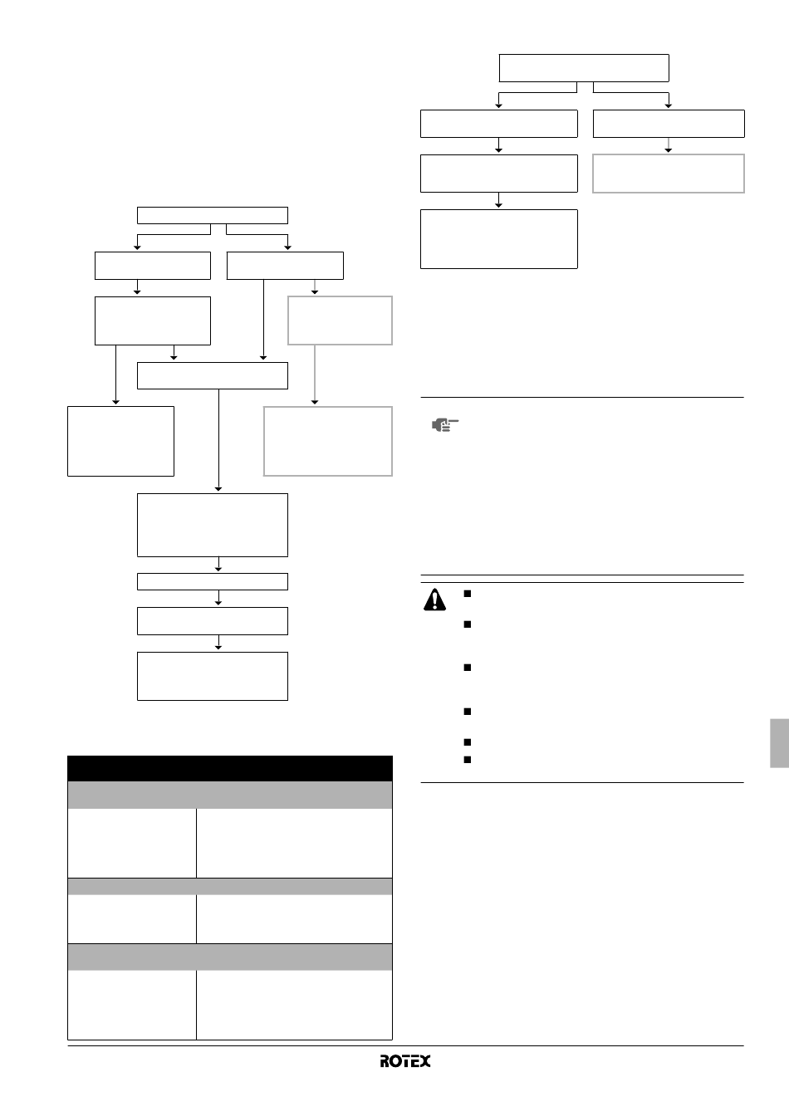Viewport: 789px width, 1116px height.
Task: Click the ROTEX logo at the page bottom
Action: point(404,1061)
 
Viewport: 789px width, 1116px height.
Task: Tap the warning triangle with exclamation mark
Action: point(434,600)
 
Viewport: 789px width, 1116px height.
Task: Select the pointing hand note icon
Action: point(445,425)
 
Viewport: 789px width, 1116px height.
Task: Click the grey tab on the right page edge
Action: point(780,743)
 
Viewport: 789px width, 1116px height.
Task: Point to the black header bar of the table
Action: point(230,768)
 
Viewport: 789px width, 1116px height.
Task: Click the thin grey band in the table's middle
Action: point(230,886)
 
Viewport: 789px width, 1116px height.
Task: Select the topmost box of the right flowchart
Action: point(584,68)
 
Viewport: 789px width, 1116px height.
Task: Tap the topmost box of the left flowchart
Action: point(213,215)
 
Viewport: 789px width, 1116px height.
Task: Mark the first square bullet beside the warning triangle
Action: point(467,594)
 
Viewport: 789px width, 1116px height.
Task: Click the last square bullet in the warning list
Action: point(467,759)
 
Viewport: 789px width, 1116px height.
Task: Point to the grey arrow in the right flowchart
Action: point(669,145)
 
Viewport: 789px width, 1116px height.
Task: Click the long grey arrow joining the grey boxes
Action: point(315,374)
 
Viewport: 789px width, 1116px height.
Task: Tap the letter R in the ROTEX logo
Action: point(385,1061)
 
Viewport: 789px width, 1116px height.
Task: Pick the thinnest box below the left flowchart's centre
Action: point(213,581)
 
